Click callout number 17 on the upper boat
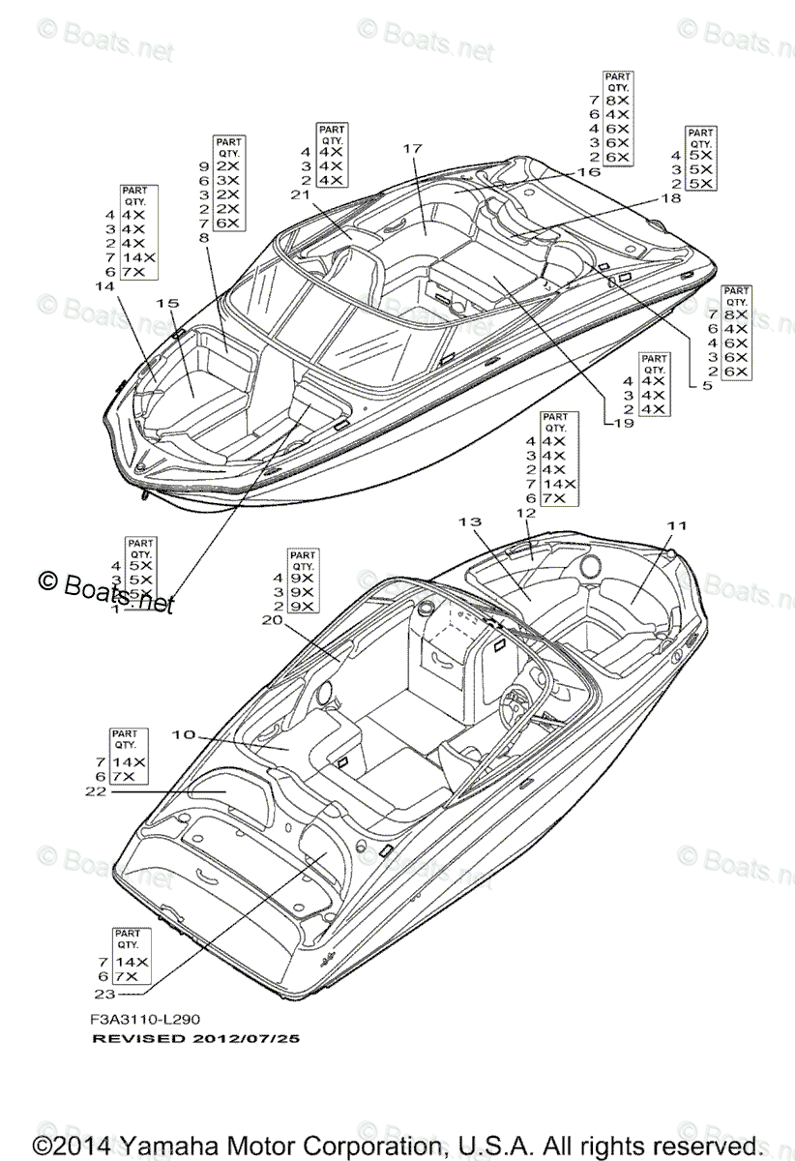click(413, 149)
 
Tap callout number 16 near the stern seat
click(588, 171)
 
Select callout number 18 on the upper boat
click(670, 197)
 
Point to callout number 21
click(299, 194)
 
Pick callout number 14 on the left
click(103, 286)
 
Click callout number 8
click(203, 236)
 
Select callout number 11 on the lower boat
click(675, 525)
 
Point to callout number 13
click(470, 521)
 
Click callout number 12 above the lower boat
click(526, 512)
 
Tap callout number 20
click(271, 621)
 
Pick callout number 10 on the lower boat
click(184, 735)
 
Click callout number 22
click(95, 790)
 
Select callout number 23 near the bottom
click(104, 993)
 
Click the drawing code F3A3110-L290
click(145, 1018)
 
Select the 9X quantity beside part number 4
click(302, 578)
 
